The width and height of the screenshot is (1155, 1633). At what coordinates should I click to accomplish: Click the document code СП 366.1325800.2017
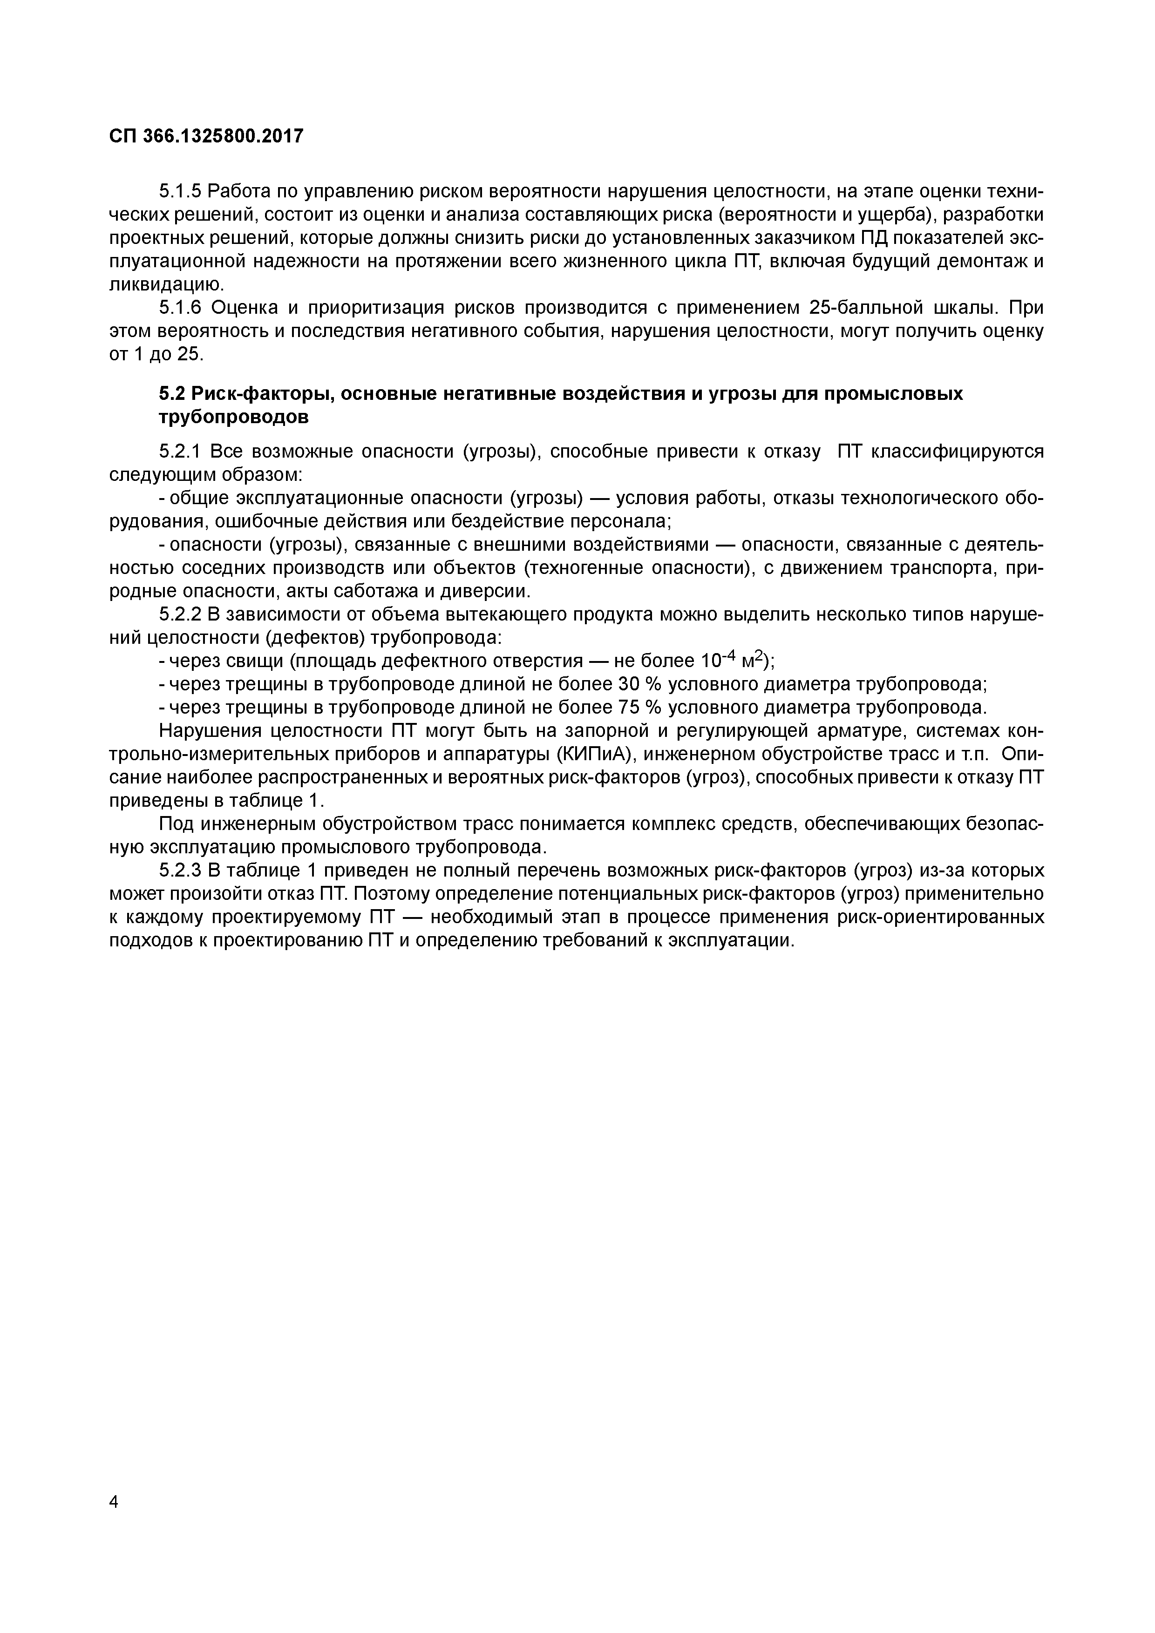[206, 136]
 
